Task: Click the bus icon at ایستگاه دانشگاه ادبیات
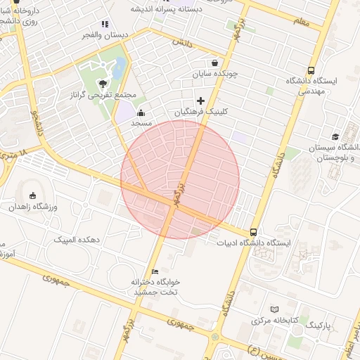253,233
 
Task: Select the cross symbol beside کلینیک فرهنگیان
201,101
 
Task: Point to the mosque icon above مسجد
141,112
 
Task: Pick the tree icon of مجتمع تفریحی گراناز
104,84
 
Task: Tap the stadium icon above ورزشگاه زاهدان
33,196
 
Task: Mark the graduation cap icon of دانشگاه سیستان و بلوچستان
335,136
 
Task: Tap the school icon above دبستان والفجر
105,25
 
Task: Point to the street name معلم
301,22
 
